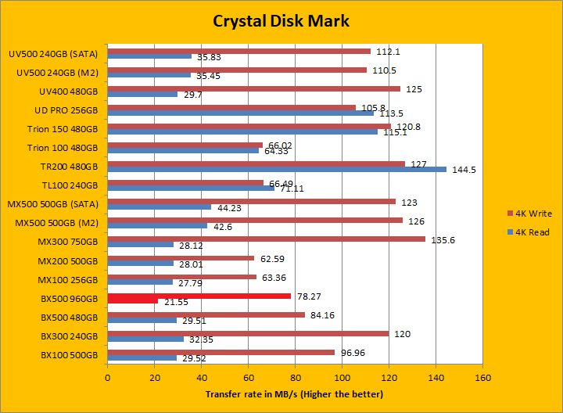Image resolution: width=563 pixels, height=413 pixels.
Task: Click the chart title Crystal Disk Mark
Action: [281, 21]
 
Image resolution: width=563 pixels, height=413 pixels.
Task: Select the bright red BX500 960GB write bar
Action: [199, 296]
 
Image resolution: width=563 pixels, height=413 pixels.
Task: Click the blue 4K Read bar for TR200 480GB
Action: [277, 169]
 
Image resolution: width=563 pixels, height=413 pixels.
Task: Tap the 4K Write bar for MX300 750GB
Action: [266, 239]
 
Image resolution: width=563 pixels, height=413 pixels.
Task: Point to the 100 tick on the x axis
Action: [342, 376]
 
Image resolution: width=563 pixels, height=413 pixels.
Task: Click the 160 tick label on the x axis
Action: [482, 376]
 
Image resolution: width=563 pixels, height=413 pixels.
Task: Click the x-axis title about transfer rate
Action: [295, 394]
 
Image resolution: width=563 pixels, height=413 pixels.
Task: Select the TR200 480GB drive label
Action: [70, 167]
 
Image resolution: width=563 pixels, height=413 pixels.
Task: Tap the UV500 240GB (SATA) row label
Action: [53, 54]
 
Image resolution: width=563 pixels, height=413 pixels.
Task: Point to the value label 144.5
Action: [460, 170]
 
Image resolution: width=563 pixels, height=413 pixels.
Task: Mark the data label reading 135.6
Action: [443, 239]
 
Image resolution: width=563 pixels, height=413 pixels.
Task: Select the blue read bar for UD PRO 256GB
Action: [240, 113]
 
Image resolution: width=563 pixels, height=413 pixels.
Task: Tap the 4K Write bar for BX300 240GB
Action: [248, 333]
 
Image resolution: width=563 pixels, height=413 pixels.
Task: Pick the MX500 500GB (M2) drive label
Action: [56, 223]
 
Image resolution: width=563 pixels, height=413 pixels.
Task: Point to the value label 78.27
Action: [310, 296]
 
